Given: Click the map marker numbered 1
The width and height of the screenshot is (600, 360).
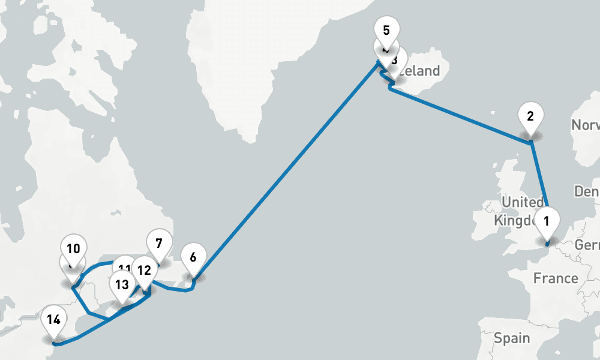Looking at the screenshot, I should click(x=546, y=221).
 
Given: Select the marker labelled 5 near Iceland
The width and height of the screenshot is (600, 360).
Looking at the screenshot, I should click(x=386, y=30).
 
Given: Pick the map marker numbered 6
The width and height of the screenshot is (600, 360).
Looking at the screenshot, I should click(x=193, y=257).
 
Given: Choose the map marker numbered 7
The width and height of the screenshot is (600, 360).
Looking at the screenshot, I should click(x=158, y=244).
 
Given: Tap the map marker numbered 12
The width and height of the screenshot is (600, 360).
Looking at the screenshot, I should click(x=144, y=270).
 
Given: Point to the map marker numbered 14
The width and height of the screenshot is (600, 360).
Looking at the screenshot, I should click(x=53, y=320).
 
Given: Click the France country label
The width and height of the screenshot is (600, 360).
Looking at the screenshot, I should click(x=556, y=278).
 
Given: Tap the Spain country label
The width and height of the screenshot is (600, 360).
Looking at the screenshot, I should click(x=512, y=338).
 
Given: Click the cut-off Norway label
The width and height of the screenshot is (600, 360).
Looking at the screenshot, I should click(x=586, y=125).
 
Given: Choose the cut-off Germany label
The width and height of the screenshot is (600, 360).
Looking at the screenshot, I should click(x=587, y=245).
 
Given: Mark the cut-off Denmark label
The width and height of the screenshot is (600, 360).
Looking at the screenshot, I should click(x=587, y=191).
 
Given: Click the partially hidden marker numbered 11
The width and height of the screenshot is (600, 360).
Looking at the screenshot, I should click(x=124, y=268).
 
